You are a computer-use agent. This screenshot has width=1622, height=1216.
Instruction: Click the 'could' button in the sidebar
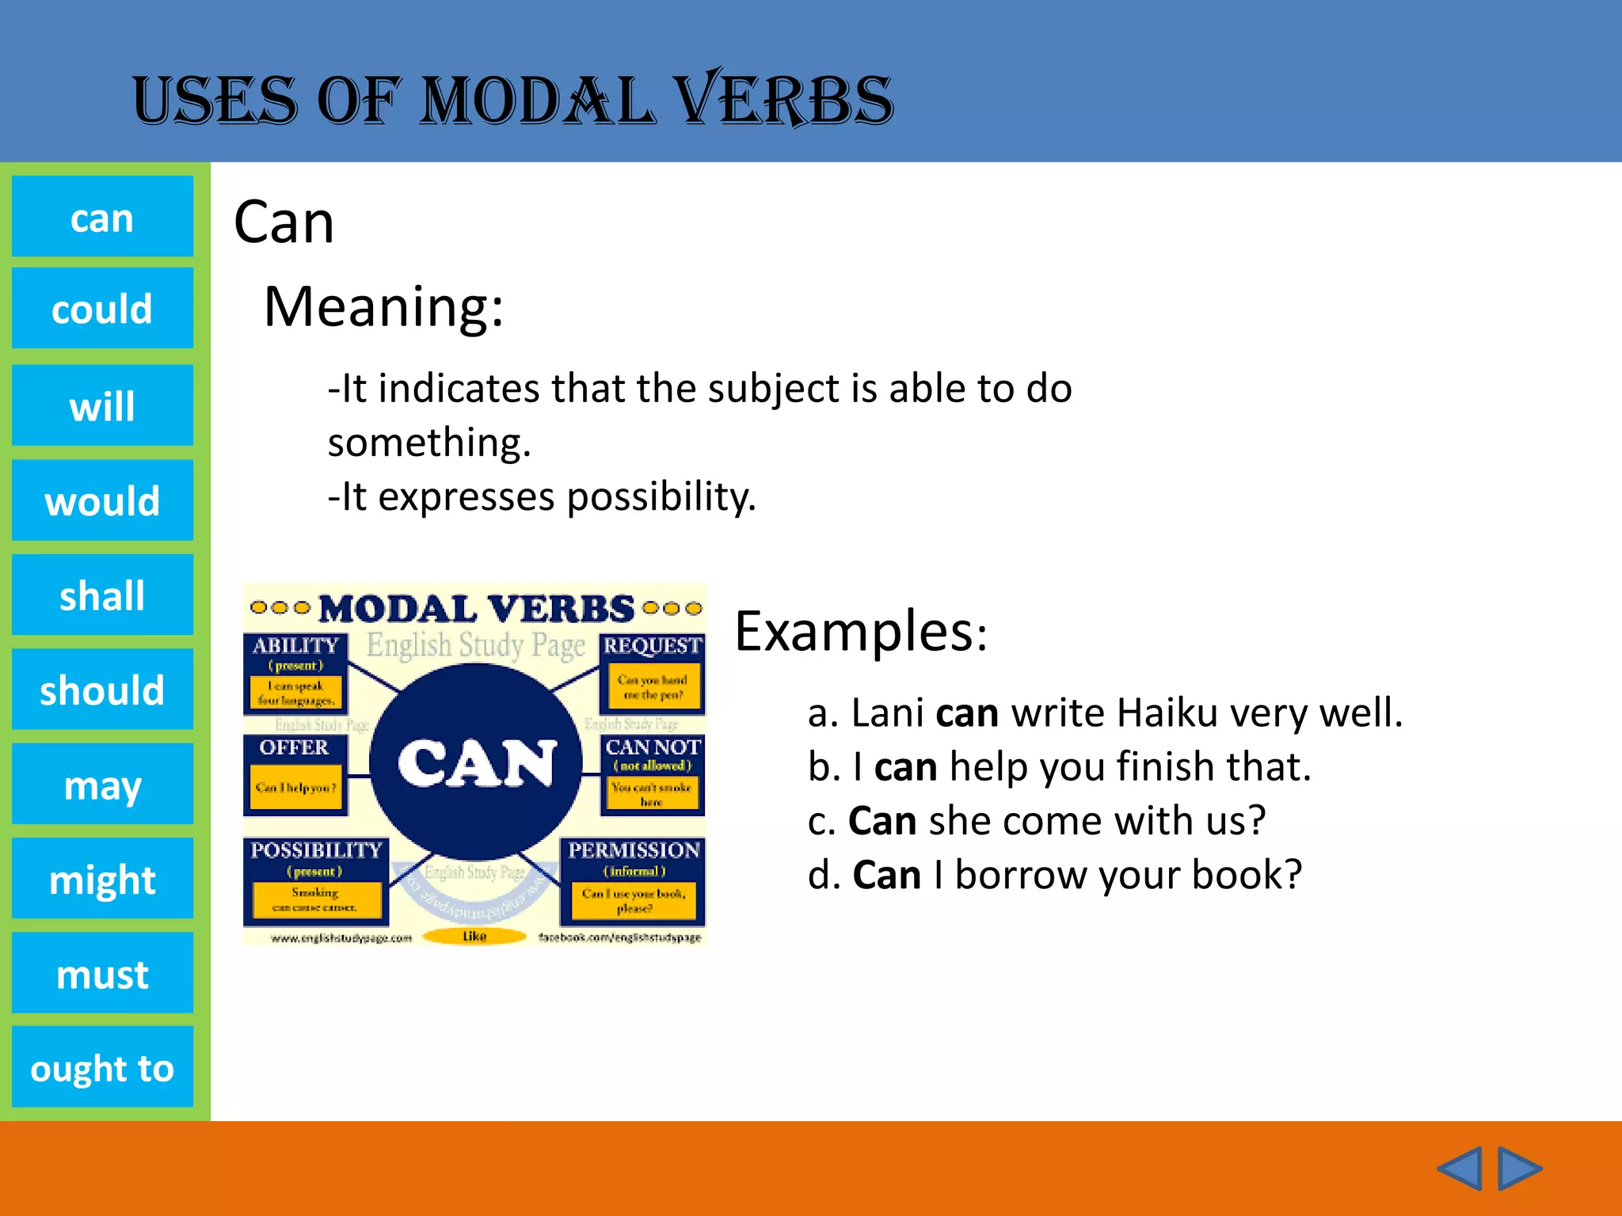[102, 308]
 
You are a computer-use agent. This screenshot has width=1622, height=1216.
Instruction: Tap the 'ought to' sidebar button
[102, 1067]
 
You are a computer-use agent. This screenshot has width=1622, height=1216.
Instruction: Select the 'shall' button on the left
[102, 595]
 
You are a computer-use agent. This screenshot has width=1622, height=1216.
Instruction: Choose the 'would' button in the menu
[102, 500]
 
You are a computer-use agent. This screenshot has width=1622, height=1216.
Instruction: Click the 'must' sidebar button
[102, 973]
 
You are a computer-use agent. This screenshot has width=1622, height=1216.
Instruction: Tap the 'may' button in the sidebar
[102, 784]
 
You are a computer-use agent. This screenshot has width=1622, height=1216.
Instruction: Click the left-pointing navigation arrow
[1459, 1168]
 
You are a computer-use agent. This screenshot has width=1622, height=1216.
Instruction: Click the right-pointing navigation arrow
[1519, 1168]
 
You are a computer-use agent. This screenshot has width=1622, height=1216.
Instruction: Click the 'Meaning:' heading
[383, 306]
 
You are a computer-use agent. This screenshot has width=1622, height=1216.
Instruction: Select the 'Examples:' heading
[861, 631]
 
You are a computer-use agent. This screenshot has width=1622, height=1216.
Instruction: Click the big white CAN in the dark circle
[475, 763]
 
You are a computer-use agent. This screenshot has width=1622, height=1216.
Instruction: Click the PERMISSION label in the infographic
[634, 850]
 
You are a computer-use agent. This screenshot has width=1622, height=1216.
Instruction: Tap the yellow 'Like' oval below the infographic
[474, 937]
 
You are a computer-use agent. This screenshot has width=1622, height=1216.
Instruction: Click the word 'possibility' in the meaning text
[661, 497]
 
